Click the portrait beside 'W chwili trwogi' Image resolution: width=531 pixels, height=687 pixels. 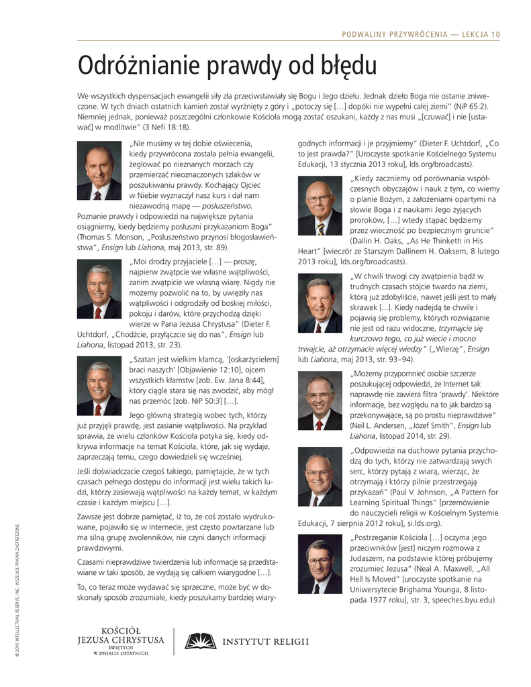320,303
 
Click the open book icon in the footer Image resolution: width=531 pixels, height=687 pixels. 201,641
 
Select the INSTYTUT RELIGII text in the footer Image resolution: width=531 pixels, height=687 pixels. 266,641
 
